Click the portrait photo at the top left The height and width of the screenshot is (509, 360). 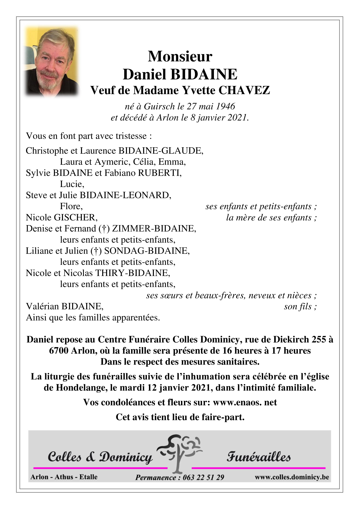(51, 62)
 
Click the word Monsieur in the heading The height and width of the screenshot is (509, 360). (180, 56)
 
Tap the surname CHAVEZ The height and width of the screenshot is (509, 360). (244, 90)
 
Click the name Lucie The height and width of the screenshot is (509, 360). (72, 184)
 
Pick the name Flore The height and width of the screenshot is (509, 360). (71, 206)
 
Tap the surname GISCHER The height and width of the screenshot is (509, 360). (76, 217)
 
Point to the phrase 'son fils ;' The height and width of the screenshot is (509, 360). (300, 306)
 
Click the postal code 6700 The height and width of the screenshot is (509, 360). (59, 350)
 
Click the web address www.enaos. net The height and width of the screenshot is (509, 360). (245, 402)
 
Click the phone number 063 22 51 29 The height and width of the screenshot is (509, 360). (203, 477)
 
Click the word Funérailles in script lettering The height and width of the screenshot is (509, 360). (258, 457)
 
